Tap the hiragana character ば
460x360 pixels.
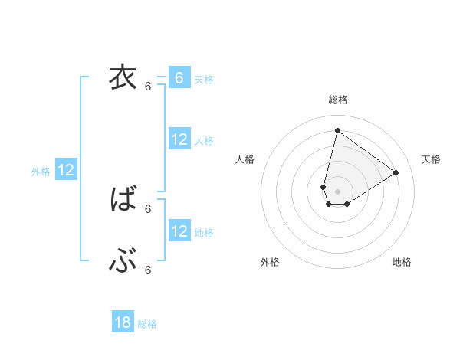point(123,200)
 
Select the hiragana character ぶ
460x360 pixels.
point(123,262)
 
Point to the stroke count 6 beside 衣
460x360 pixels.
point(148,87)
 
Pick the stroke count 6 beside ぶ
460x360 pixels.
point(148,270)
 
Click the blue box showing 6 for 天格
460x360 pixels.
point(179,78)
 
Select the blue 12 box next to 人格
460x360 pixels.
point(179,139)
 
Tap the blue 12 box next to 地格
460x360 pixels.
point(179,231)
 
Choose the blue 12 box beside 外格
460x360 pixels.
point(66,170)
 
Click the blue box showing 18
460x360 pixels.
point(123,322)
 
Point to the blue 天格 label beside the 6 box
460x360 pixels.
point(204,79)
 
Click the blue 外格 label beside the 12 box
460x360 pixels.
point(41,172)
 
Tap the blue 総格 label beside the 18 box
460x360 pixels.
point(147,324)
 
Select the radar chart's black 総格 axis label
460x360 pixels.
point(338,100)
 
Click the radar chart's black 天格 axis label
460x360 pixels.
point(431,159)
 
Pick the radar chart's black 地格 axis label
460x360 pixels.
point(402,262)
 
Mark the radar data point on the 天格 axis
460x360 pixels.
point(396,172)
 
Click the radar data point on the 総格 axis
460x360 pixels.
point(337,130)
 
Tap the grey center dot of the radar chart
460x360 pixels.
point(337,191)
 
